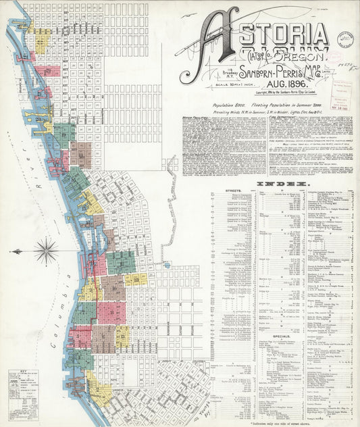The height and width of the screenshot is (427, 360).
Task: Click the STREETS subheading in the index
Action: pos(230,192)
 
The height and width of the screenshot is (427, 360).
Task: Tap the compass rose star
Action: pos(45,253)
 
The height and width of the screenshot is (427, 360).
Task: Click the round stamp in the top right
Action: pos(345,39)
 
